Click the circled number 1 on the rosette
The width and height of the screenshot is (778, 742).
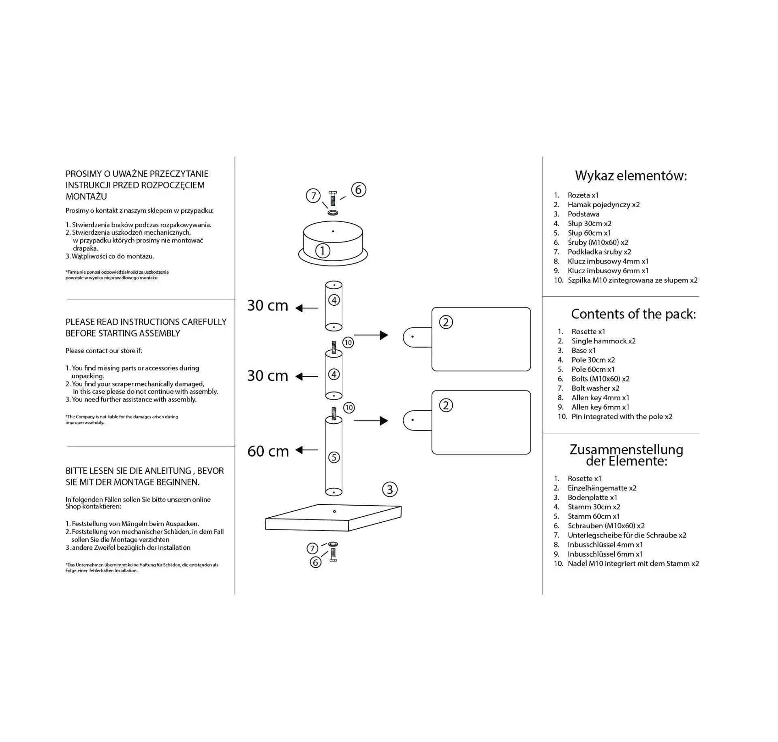pyautogui.click(x=323, y=251)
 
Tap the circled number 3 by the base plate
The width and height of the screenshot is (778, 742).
pyautogui.click(x=390, y=489)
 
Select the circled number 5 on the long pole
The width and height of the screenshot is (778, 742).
pyautogui.click(x=333, y=457)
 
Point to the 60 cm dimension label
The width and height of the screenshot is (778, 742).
pyautogui.click(x=268, y=451)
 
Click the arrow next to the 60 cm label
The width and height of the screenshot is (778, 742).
pyautogui.click(x=307, y=450)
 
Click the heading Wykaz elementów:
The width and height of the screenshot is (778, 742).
pyautogui.click(x=631, y=176)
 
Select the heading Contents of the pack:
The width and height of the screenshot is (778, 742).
pyautogui.click(x=633, y=314)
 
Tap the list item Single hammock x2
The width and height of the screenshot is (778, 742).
pyautogui.click(x=603, y=341)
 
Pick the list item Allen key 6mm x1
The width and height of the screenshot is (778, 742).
pyautogui.click(x=600, y=407)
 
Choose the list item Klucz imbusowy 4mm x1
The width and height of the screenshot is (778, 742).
pyautogui.click(x=608, y=261)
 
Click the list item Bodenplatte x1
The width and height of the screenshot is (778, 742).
pyautogui.click(x=592, y=498)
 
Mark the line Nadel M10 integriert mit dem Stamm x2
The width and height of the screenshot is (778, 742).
pyautogui.click(x=633, y=564)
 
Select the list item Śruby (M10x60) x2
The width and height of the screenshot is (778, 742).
pyautogui.click(x=598, y=242)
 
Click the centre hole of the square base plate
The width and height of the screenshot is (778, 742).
pyautogui.click(x=334, y=511)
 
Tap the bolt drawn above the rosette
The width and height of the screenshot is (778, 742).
pyautogui.click(x=333, y=199)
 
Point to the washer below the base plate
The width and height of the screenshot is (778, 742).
pyautogui.click(x=333, y=544)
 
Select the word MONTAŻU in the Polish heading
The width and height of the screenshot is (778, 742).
pyautogui.click(x=86, y=197)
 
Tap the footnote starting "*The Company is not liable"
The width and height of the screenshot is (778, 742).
pyautogui.click(x=122, y=420)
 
